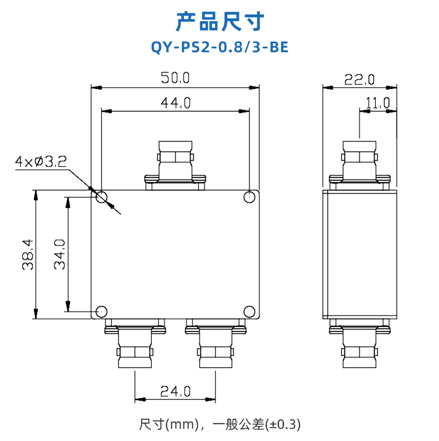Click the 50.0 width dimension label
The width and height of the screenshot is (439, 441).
click(x=176, y=78)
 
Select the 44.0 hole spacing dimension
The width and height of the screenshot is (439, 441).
click(x=176, y=103)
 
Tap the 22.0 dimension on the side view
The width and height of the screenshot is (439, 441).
click(x=360, y=80)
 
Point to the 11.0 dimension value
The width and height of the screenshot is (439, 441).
click(x=378, y=103)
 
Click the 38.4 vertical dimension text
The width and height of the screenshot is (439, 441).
click(x=28, y=255)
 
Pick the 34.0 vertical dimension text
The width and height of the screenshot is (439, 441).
click(x=59, y=255)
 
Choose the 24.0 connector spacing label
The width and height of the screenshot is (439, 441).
click(x=176, y=391)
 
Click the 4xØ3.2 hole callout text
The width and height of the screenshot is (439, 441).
click(x=41, y=161)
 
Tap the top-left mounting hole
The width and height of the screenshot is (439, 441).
click(x=102, y=197)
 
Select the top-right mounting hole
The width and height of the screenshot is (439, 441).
click(x=250, y=197)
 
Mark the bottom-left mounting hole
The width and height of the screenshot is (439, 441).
click(x=102, y=311)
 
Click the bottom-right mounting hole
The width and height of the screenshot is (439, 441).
click(x=250, y=311)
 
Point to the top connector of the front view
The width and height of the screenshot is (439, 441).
click(x=175, y=166)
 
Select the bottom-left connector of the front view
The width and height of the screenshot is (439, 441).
click(x=135, y=344)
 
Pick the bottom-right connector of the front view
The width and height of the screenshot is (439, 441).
click(x=216, y=344)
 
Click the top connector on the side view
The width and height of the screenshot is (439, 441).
click(x=360, y=166)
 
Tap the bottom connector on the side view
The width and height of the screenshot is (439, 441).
click(x=360, y=344)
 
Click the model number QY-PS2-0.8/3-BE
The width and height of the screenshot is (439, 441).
click(x=219, y=47)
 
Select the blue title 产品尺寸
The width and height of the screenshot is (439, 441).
click(x=220, y=21)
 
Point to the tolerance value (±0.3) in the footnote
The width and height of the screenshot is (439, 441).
click(x=283, y=424)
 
